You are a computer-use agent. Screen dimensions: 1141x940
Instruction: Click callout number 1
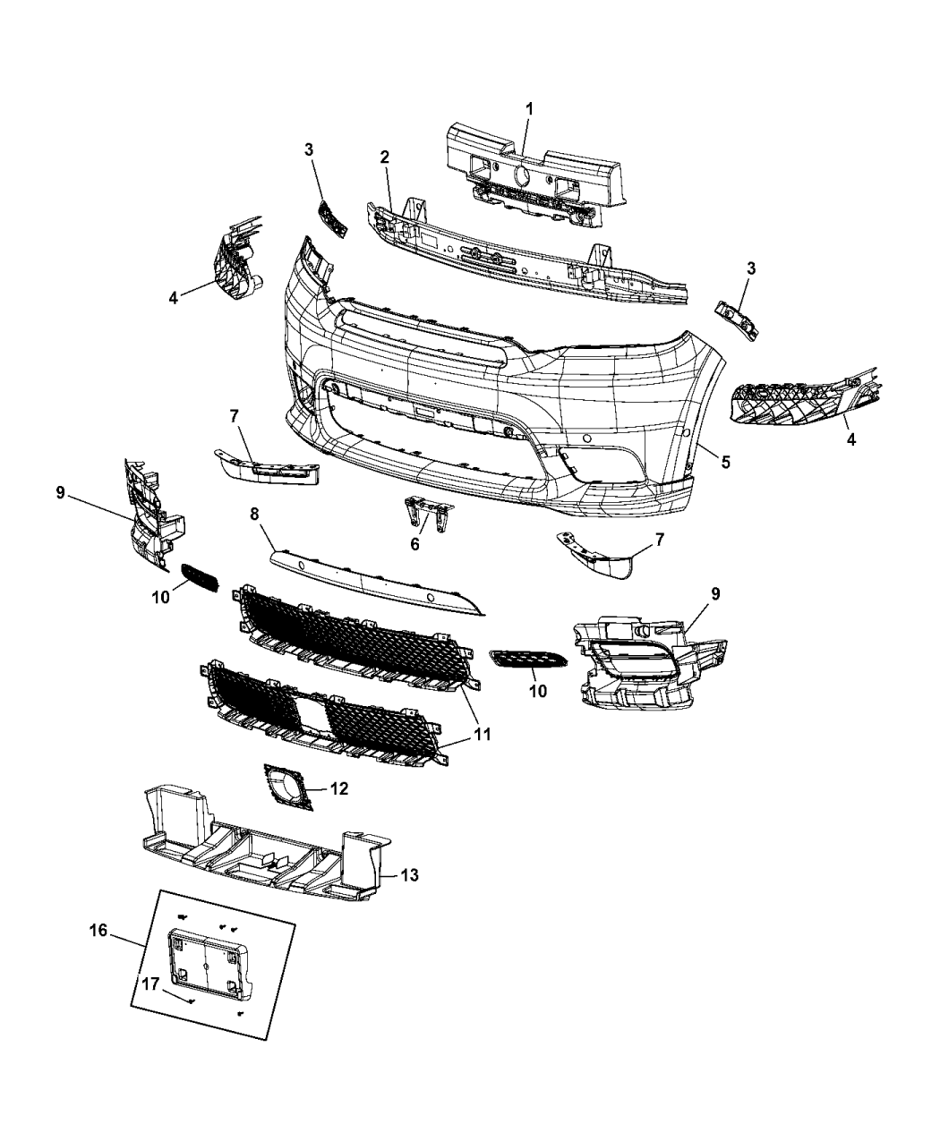(x=528, y=108)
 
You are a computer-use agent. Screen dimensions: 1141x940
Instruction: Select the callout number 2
(x=384, y=157)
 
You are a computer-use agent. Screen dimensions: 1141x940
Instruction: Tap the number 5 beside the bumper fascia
(x=725, y=462)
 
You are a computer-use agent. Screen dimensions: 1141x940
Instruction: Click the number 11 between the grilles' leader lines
(x=483, y=734)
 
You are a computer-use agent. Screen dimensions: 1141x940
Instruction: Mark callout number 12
(x=338, y=788)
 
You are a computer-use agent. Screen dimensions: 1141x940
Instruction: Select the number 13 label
(x=408, y=874)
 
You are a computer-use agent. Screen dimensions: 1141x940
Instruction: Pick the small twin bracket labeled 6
(x=429, y=515)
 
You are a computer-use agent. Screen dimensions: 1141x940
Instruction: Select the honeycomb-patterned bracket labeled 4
(x=788, y=403)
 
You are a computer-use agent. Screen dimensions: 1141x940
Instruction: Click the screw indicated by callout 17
(x=192, y=1000)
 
